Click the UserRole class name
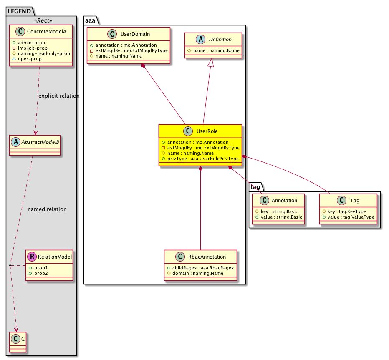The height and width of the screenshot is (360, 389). click(x=207, y=131)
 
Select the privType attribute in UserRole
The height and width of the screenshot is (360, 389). click(x=200, y=159)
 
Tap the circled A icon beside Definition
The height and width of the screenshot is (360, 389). click(x=200, y=39)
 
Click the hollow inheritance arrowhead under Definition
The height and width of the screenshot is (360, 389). click(x=211, y=63)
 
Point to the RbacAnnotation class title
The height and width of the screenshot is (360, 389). click(x=207, y=257)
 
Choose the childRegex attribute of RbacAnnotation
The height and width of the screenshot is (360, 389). click(x=201, y=268)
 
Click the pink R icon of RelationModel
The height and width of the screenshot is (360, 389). click(x=32, y=257)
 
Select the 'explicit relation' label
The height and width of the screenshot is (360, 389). click(x=59, y=96)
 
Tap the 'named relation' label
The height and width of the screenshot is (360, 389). click(x=47, y=209)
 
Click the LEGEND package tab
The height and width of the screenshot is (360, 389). click(x=19, y=11)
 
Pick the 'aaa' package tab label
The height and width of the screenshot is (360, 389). click(x=90, y=20)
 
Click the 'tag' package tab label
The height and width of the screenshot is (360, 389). click(x=255, y=187)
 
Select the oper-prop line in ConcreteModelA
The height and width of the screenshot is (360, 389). click(x=27, y=59)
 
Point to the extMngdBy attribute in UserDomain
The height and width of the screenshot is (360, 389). click(x=129, y=50)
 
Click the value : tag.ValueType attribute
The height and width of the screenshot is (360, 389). click(x=349, y=217)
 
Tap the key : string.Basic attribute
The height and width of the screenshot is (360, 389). click(x=276, y=211)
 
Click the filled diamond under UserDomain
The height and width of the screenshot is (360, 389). click(x=143, y=66)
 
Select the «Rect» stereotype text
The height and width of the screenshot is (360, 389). click(x=43, y=20)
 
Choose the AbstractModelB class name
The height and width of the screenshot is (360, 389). click(x=40, y=142)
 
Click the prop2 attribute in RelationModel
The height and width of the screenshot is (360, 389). click(x=38, y=273)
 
